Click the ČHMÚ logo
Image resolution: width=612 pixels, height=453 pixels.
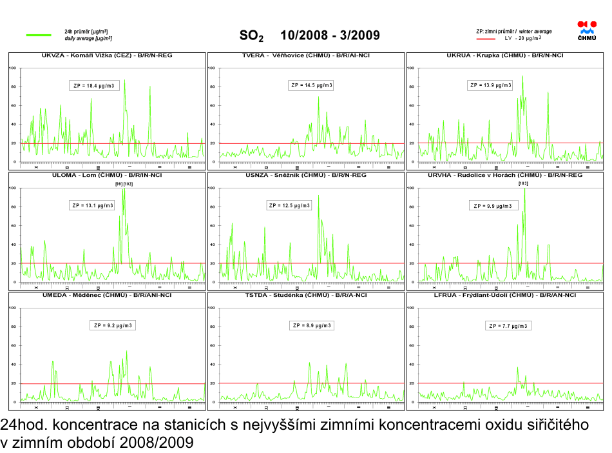[x=587, y=31]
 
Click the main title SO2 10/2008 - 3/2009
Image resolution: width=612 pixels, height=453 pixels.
[x=309, y=35]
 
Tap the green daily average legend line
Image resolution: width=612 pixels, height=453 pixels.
[x=38, y=35]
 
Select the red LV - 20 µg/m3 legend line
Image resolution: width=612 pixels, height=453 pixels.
[x=486, y=38]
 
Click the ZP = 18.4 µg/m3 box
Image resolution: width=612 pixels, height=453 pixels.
[x=94, y=85]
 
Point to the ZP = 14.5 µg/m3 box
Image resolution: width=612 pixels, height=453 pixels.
[x=312, y=85]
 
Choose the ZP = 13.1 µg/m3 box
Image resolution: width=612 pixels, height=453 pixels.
[x=93, y=205]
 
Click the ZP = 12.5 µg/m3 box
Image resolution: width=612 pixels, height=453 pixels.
[x=289, y=205]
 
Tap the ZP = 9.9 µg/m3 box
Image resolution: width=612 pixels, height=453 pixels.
[x=493, y=206]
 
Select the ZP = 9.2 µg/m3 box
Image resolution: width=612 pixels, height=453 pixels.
[x=113, y=325]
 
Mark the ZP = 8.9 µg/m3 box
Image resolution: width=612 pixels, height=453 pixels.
[x=312, y=325]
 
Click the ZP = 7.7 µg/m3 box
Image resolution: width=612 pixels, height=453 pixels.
[x=508, y=325]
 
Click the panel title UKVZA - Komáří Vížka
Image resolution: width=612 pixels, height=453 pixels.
[x=107, y=55]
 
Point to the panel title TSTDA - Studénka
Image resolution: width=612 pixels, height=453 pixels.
[x=306, y=295]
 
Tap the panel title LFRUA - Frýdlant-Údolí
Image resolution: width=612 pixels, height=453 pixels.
[x=505, y=295]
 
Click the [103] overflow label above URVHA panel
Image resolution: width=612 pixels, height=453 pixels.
[x=523, y=184]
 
